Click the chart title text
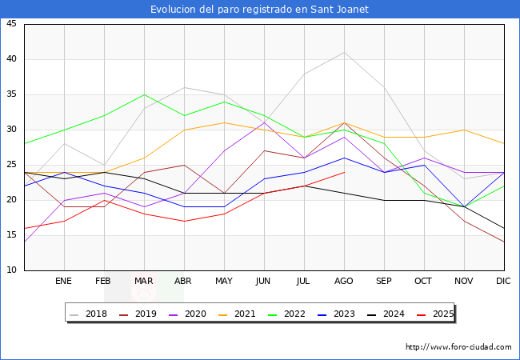pyautogui.click(x=260, y=9)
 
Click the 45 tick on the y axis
pyautogui.click(x=11, y=24)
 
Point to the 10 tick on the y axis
pyautogui.click(x=11, y=270)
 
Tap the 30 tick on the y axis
pyautogui.click(x=11, y=130)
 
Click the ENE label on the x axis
pyautogui.click(x=64, y=282)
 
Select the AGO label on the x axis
pyautogui.click(x=344, y=282)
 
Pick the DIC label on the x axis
pyautogui.click(x=504, y=282)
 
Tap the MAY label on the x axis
pyautogui.click(x=224, y=282)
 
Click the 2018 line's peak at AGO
pyautogui.click(x=344, y=53)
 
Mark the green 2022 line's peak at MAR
pyautogui.click(x=144, y=94)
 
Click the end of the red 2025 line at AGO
pyautogui.click(x=344, y=172)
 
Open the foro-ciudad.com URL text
pyautogui.click(x=458, y=347)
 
